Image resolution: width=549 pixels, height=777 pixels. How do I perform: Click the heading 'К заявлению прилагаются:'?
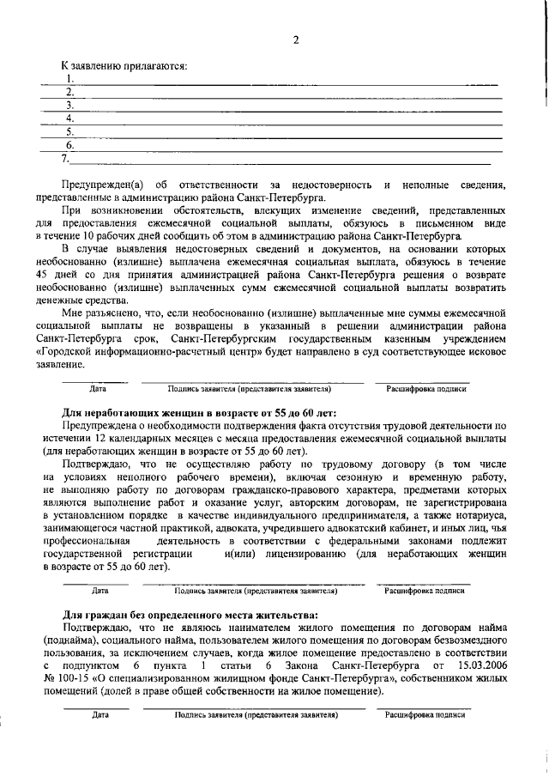tap(124, 65)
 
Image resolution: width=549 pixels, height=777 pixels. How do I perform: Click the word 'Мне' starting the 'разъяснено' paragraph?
tap(72, 313)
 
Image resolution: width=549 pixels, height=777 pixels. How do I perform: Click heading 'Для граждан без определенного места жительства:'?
tap(190, 615)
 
